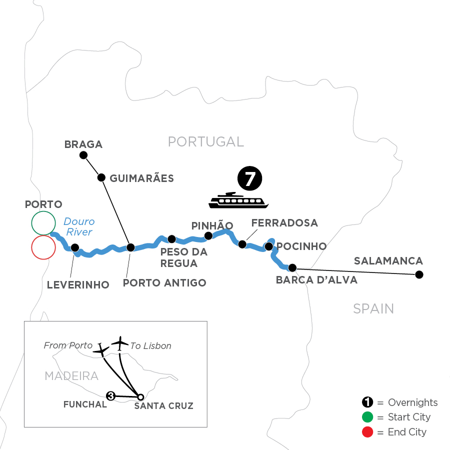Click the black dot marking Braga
click(83, 155)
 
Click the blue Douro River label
click(79, 226)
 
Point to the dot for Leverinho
click(75, 247)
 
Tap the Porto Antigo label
click(164, 283)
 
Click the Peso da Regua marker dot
click(171, 239)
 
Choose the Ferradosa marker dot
click(242, 244)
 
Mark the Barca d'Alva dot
click(292, 267)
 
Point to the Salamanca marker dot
click(419, 274)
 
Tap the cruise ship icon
click(239, 200)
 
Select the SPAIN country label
click(373, 308)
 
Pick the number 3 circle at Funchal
click(110, 396)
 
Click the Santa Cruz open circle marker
click(140, 397)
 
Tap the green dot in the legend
click(367, 417)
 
